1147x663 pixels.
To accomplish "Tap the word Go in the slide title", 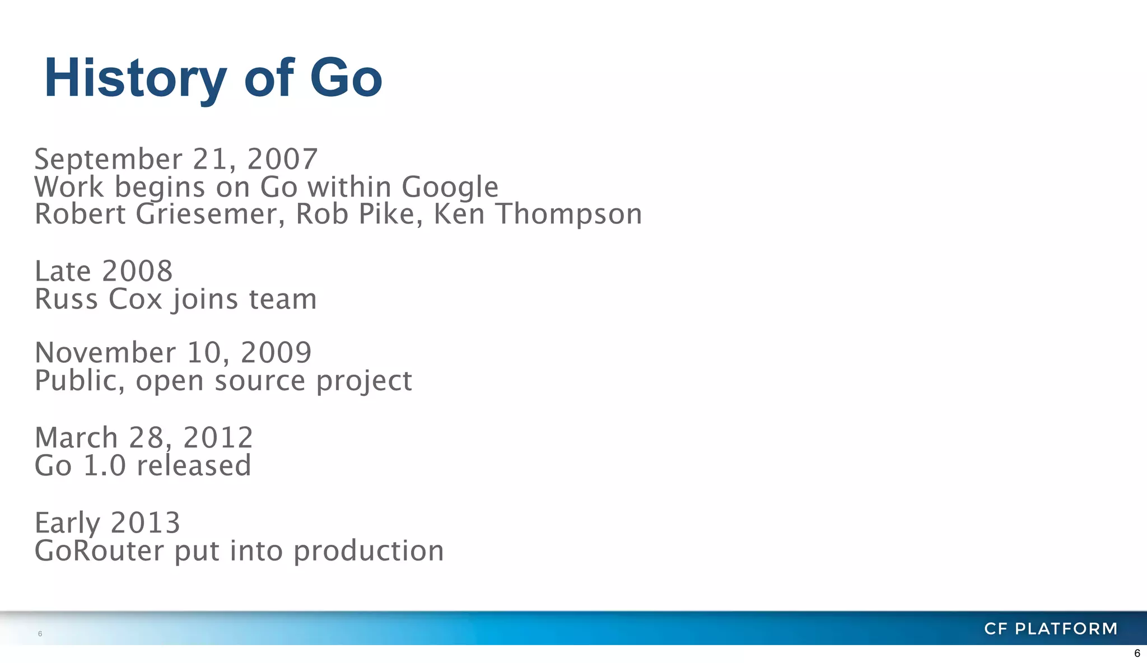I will [x=346, y=78].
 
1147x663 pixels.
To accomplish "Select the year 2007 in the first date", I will [x=282, y=159].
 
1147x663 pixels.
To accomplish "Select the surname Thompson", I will [x=568, y=214].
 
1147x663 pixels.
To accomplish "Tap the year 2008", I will [x=137, y=272].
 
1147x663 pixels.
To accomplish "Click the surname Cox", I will [x=135, y=299].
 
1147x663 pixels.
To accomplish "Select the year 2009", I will [x=276, y=353].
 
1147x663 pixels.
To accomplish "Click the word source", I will [x=260, y=381].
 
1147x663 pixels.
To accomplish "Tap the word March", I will [x=76, y=438].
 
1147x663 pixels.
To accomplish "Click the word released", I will [x=194, y=466].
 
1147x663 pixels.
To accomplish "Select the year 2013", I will [x=145, y=523].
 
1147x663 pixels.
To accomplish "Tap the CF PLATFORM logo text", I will [x=1051, y=629].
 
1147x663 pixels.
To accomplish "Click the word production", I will [x=369, y=551].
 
